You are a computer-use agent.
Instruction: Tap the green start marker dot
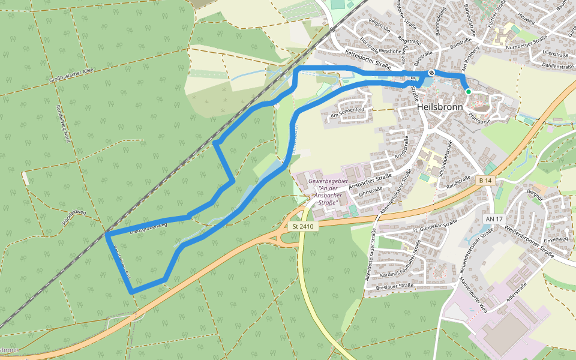pyautogui.click(x=468, y=91)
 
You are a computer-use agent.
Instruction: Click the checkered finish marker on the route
pyautogui.click(x=431, y=73)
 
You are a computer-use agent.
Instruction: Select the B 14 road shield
pyautogui.click(x=485, y=180)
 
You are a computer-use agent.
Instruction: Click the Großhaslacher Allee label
pyautogui.click(x=72, y=75)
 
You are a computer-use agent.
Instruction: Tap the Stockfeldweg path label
pyautogui.click(x=73, y=217)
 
